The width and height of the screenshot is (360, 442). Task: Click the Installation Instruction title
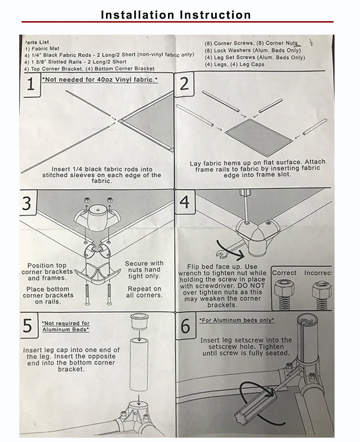click(x=176, y=15)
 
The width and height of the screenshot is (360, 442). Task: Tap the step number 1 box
click(x=31, y=85)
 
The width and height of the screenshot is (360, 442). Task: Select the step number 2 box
click(x=184, y=84)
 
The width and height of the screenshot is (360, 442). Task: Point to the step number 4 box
click(x=184, y=202)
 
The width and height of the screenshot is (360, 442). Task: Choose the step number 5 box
click(x=28, y=326)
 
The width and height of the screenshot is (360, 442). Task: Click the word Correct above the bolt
click(x=284, y=273)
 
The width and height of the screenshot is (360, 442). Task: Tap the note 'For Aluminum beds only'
click(x=237, y=319)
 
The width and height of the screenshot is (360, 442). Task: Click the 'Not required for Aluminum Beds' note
click(x=65, y=326)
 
